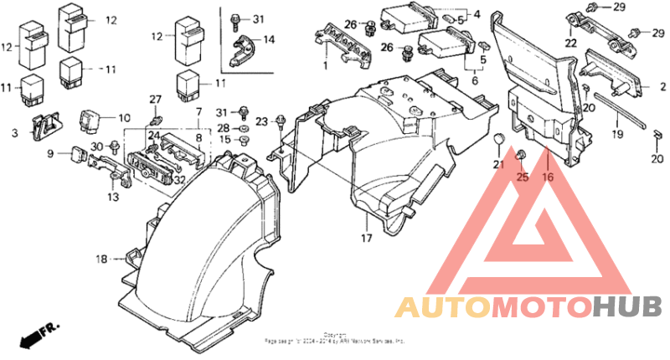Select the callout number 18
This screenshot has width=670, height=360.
pos(101,260)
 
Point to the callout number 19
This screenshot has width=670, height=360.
pos(618,134)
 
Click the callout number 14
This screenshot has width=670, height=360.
pos(269,40)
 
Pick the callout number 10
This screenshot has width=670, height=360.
pos(124,118)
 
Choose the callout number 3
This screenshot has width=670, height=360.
pos(13,132)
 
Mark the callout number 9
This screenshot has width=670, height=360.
pos(49,153)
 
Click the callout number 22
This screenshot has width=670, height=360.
pos(570,44)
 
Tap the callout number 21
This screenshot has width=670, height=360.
pos(499,164)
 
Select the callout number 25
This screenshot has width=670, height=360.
pos(523,177)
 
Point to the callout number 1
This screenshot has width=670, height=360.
pos(325,65)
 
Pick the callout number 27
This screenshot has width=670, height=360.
pos(155,100)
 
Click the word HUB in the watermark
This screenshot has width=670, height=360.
pos(627,307)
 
